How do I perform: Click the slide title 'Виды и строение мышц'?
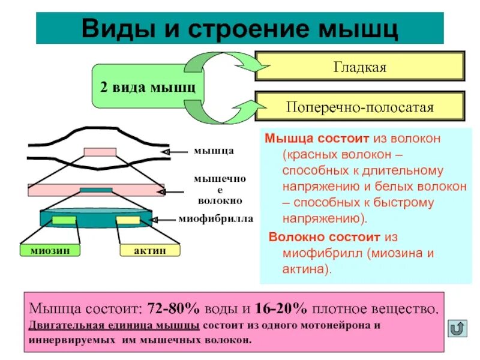(x=240, y=28)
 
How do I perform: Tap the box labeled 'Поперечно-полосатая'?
(x=360, y=107)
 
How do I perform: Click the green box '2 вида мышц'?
(x=146, y=86)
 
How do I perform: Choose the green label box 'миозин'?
(x=50, y=250)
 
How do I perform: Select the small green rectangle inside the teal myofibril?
(x=64, y=220)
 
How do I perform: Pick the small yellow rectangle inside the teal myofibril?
(x=128, y=220)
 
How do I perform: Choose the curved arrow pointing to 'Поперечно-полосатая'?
(x=219, y=111)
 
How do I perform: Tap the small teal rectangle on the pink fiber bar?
(x=92, y=190)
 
